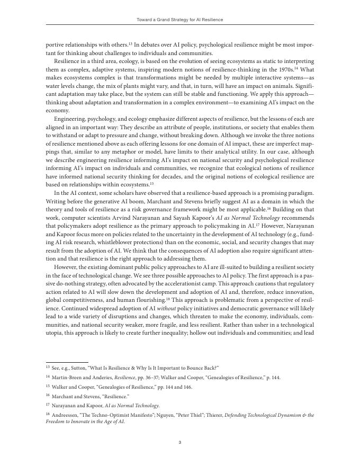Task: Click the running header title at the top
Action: (x=180, y=20)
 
